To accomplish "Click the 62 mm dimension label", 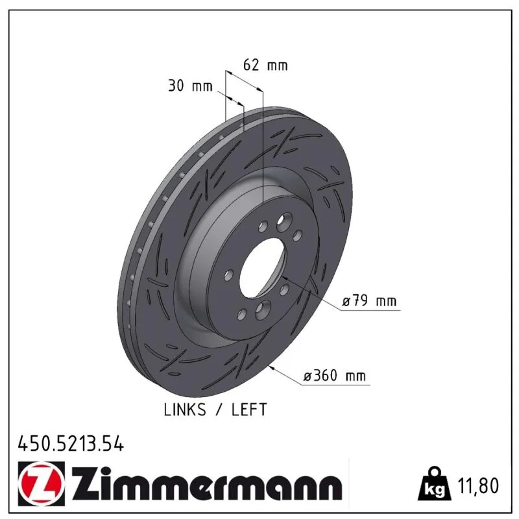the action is pyautogui.click(x=265, y=65).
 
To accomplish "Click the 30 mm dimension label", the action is pyautogui.click(x=190, y=86).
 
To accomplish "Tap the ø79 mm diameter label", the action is pyautogui.click(x=369, y=301).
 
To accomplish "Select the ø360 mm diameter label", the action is pyautogui.click(x=335, y=376).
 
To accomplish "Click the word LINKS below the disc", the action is pyautogui.click(x=185, y=410).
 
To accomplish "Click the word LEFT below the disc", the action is pyautogui.click(x=249, y=410).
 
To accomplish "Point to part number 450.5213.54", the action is pyautogui.click(x=71, y=444).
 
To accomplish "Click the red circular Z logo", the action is pyautogui.click(x=42, y=483).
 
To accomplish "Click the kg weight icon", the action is pyautogui.click(x=435, y=485).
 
